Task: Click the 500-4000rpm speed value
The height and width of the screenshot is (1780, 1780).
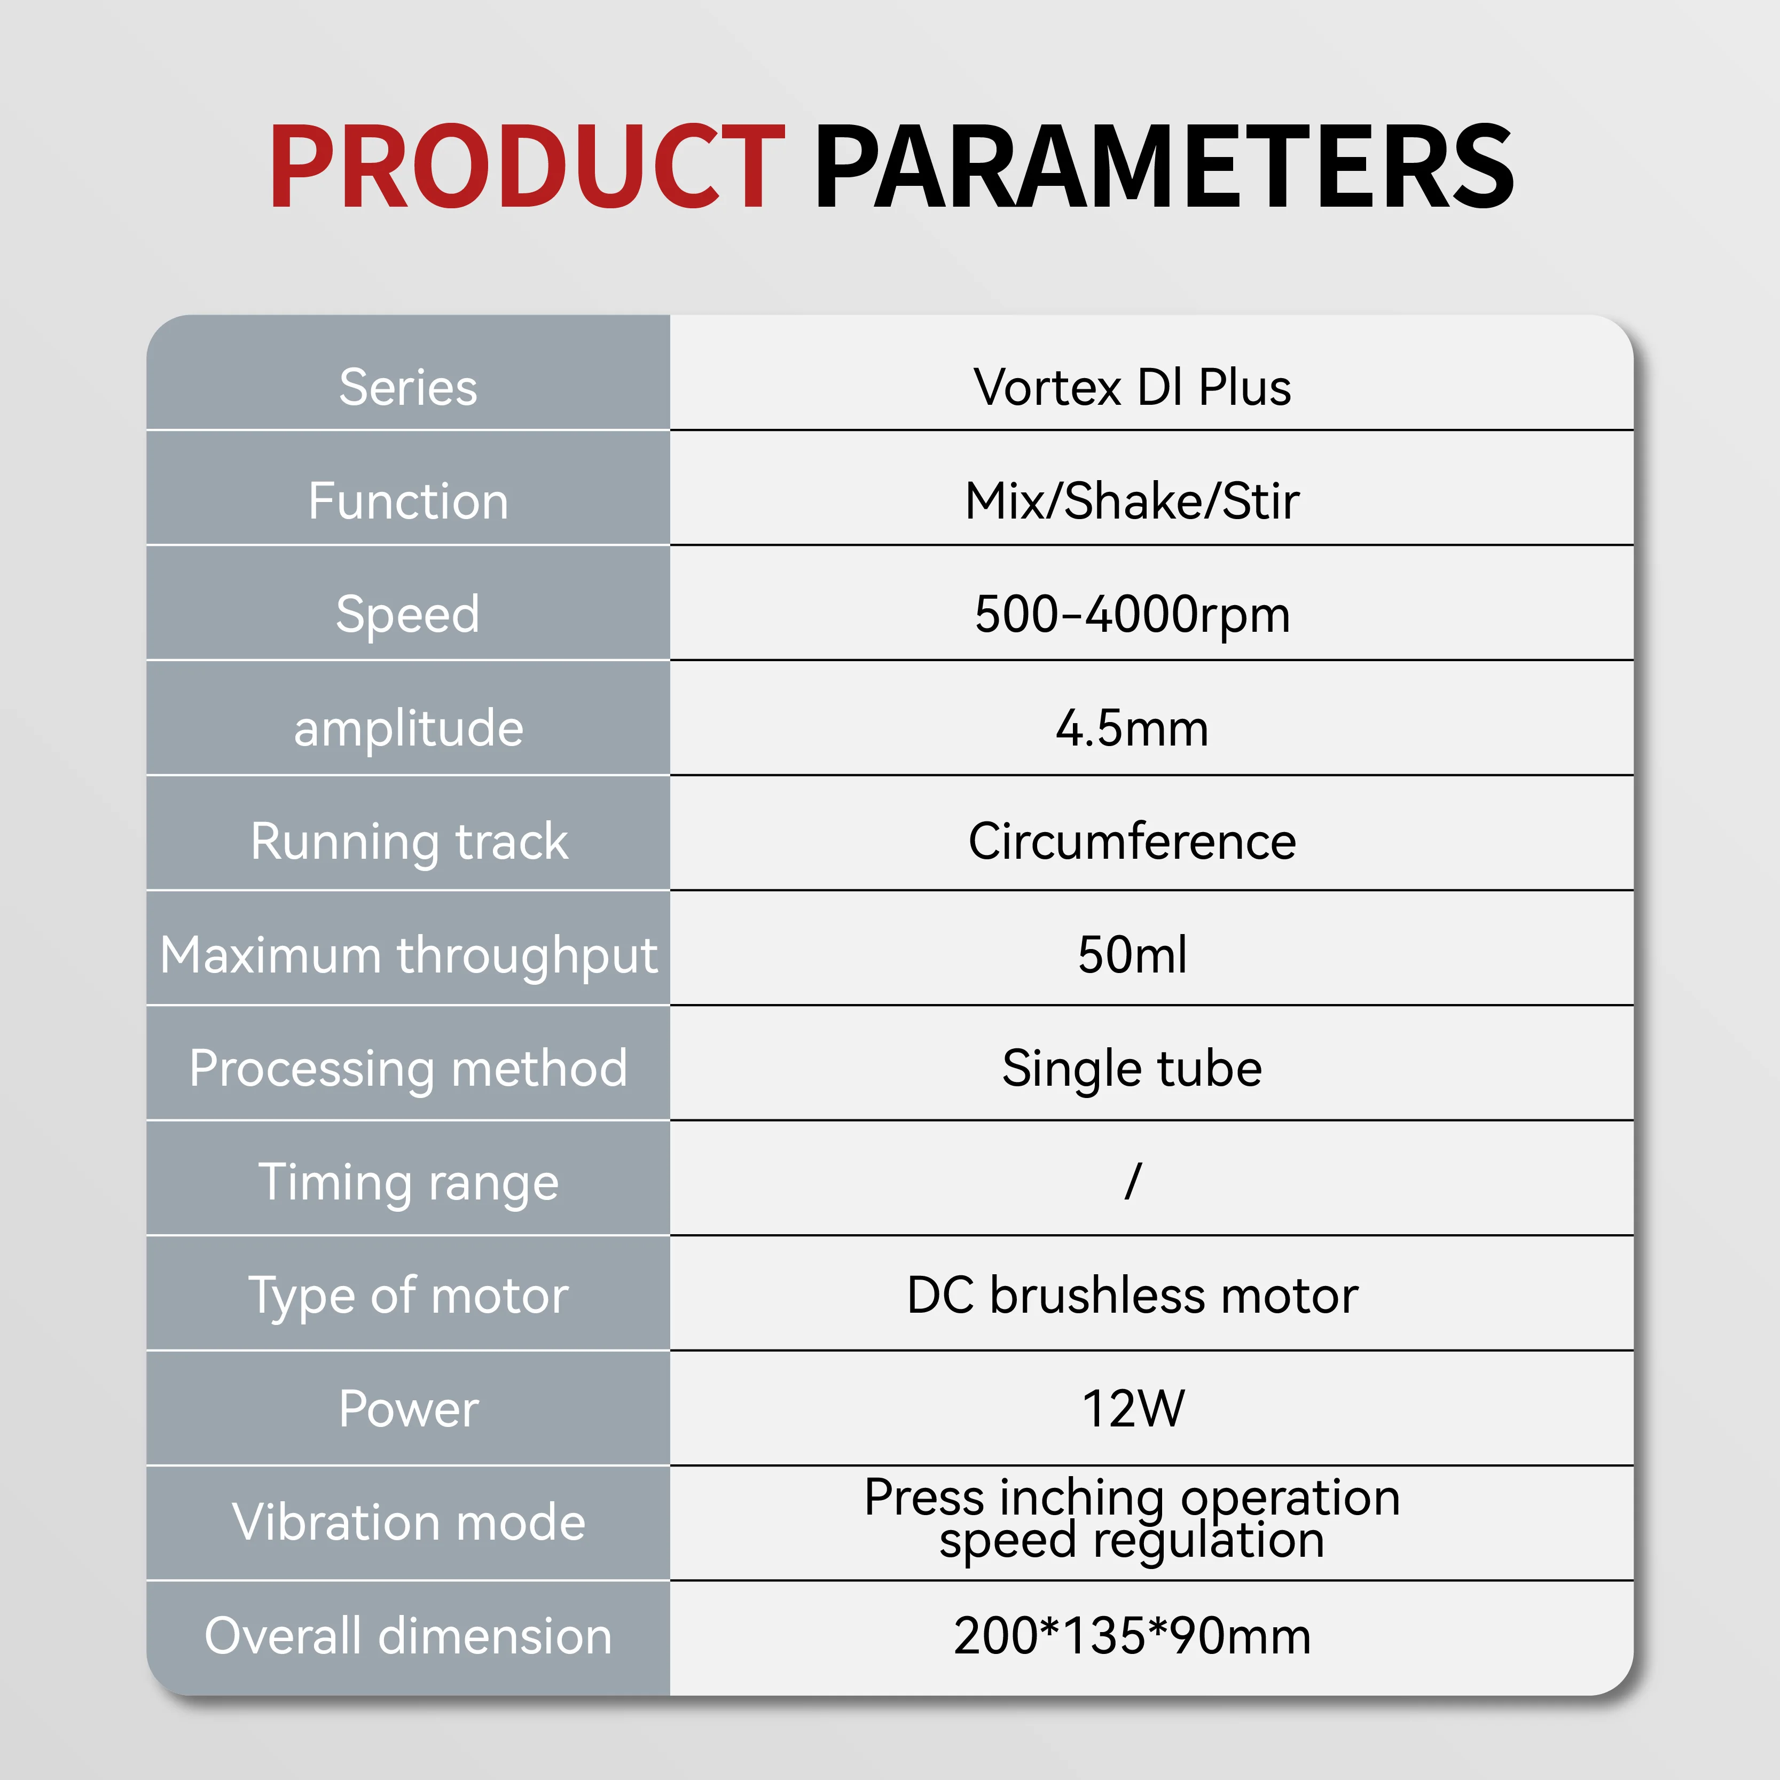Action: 1132,615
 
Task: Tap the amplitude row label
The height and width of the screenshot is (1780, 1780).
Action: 408,730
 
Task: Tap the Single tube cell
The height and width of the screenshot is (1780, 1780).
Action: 1132,1070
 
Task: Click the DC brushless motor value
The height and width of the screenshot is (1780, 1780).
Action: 1132,1296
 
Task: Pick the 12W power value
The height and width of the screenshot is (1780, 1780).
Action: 1132,1409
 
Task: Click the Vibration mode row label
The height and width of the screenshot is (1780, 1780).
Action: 408,1522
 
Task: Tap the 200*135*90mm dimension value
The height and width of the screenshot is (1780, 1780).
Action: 1132,1636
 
